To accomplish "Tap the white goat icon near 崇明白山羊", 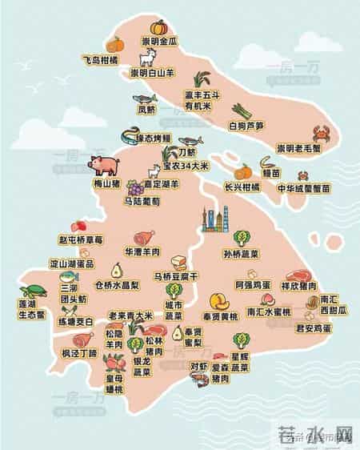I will (x=147, y=59).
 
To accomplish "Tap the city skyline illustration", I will (x=214, y=218).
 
